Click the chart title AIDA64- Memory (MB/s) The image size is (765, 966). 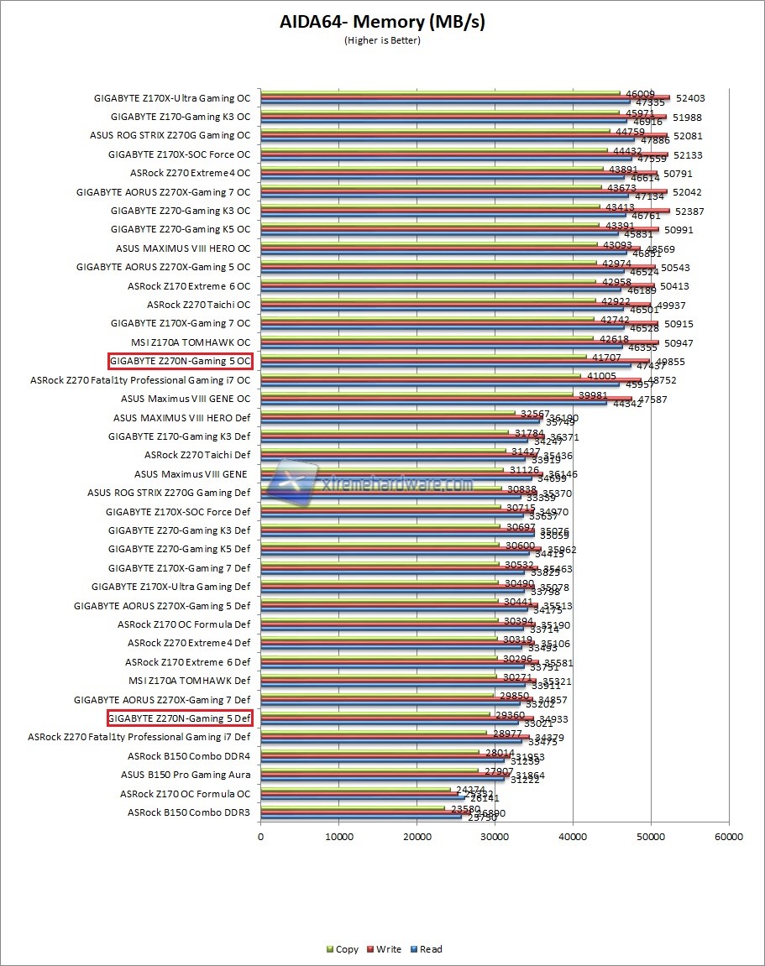tap(382, 22)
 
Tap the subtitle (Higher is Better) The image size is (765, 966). tap(382, 40)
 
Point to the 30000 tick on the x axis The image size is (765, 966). tap(495, 836)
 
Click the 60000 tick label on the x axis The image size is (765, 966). tap(729, 836)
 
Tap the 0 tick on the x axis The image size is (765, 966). tap(260, 836)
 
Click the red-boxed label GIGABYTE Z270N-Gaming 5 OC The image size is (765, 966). tap(180, 361)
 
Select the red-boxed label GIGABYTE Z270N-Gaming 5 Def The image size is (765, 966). tap(180, 718)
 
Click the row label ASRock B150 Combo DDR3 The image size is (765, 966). tap(189, 812)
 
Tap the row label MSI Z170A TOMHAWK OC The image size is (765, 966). tap(191, 342)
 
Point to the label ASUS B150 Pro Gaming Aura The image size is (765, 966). tap(186, 775)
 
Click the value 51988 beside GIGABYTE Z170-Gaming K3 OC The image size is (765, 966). tap(685, 117)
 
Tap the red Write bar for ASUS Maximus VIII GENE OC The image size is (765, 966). tap(446, 399)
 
